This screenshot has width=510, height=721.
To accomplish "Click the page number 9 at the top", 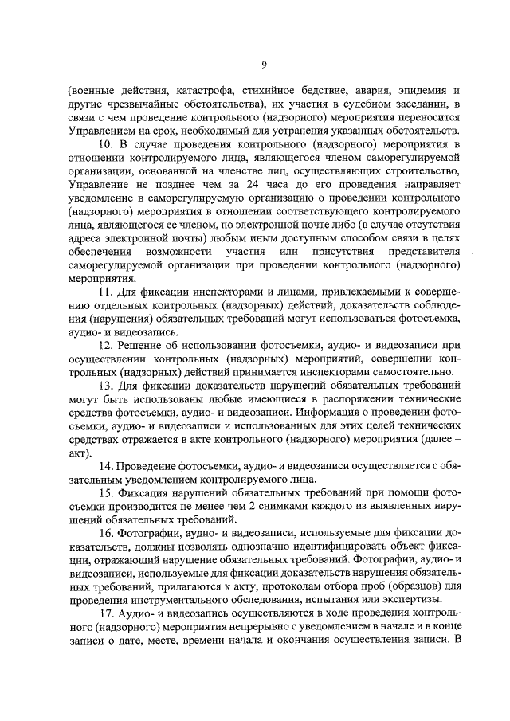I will pos(265,64).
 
